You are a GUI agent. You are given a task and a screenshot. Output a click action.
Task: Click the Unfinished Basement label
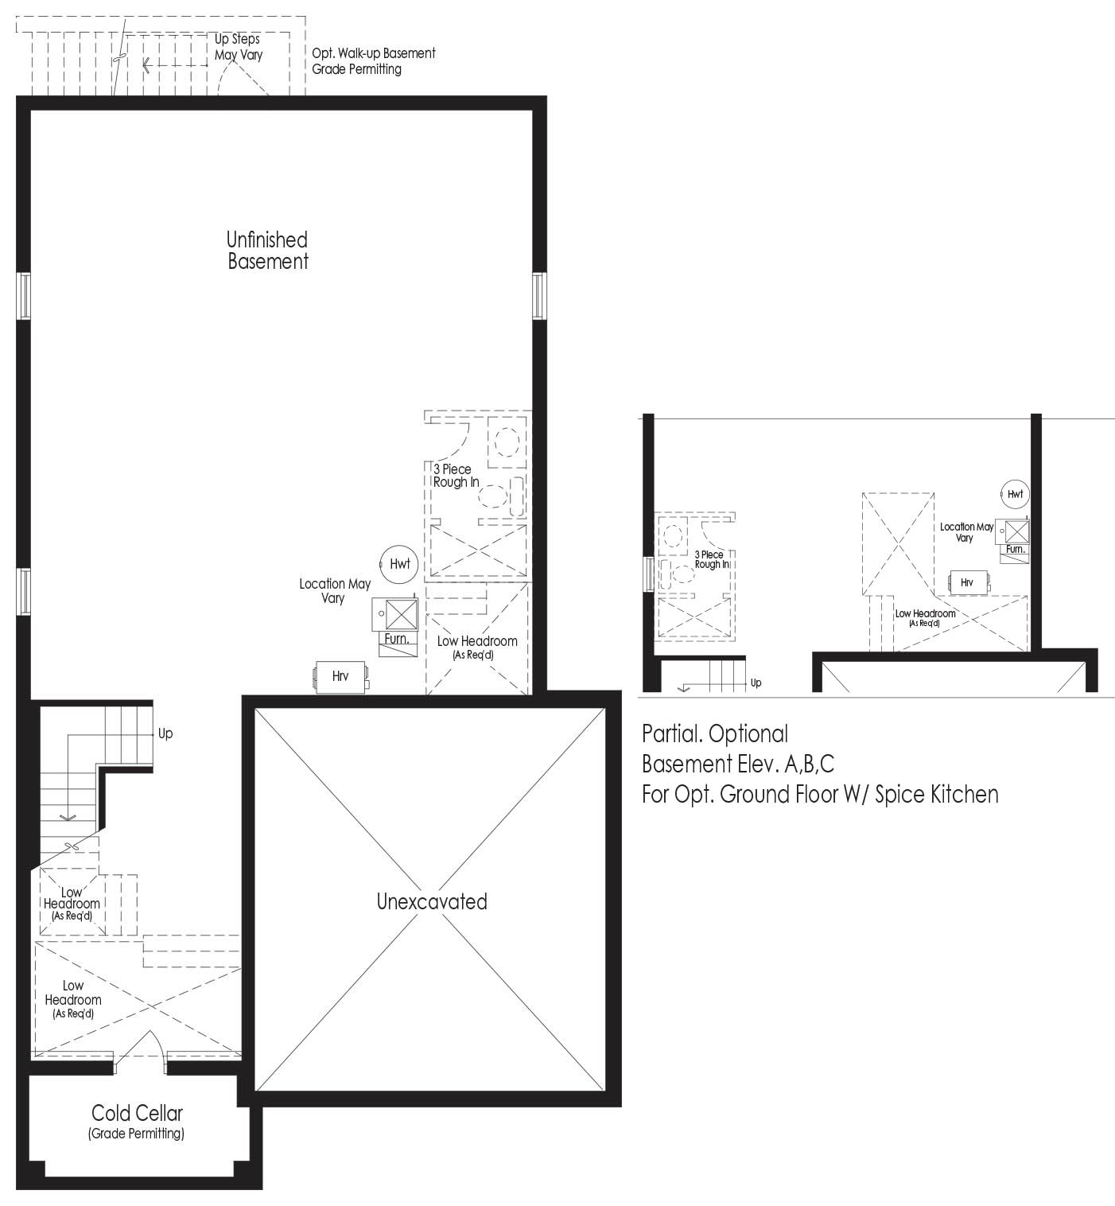267,250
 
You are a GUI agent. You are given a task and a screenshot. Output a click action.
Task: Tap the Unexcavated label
432,901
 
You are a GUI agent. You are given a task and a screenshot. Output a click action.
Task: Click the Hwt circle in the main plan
399,564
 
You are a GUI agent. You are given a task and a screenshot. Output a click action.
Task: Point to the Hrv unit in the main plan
340,676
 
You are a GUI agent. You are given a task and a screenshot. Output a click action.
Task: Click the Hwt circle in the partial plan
1015,494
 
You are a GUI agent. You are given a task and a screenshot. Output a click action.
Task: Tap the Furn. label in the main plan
397,639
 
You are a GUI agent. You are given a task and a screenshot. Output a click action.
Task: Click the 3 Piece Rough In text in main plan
456,476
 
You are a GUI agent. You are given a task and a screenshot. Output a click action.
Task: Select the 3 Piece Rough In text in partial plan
712,559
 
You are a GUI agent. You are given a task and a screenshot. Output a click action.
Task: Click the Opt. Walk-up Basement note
373,60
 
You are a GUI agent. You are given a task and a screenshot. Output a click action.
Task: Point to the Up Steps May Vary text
238,47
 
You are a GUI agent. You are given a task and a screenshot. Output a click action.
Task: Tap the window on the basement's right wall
538,296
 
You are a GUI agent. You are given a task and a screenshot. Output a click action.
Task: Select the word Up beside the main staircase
165,733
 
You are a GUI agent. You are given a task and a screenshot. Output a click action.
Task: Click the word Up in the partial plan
756,683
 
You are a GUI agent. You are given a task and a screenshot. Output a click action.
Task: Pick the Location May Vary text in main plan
335,590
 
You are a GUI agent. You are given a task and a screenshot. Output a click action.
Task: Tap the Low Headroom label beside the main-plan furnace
476,647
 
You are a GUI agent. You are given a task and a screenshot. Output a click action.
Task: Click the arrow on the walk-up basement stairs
175,65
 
